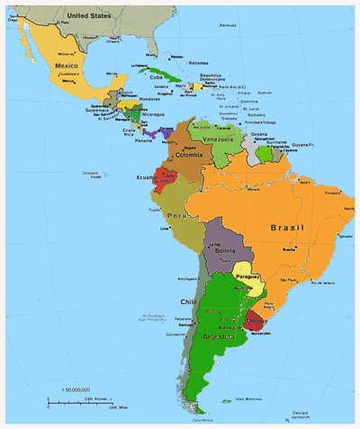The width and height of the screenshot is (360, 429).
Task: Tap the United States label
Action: tap(88, 15)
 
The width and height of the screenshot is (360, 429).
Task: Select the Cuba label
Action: tap(157, 77)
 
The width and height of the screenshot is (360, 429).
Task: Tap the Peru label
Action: tap(176, 218)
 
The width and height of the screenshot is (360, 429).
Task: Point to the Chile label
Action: tap(188, 302)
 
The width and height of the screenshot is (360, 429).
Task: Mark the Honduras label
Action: tap(149, 99)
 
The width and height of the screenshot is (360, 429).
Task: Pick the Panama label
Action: tap(144, 140)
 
